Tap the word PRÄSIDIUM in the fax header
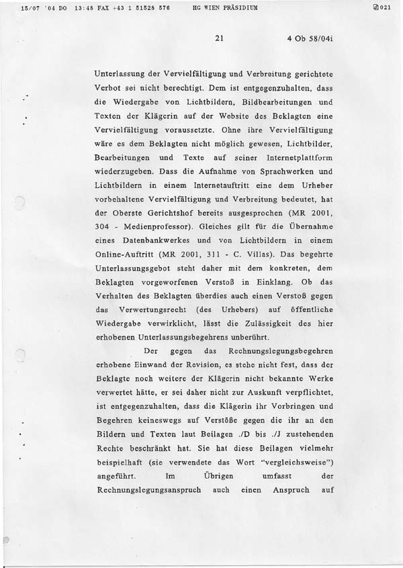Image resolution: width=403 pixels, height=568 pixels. [242, 8]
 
